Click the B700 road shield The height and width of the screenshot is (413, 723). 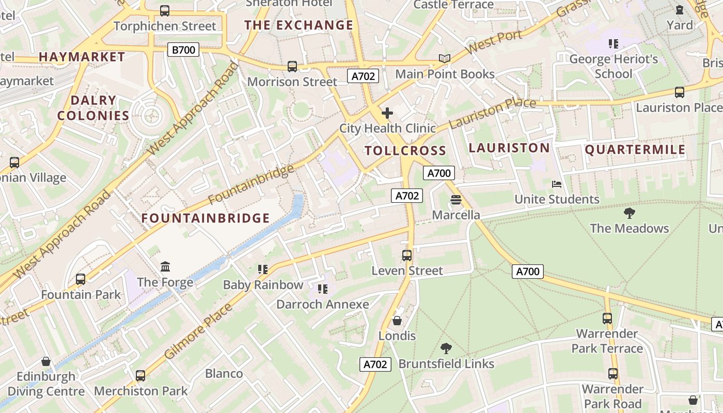tap(183, 50)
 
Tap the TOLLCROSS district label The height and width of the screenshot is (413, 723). tap(405, 151)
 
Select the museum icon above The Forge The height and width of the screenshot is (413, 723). tap(165, 267)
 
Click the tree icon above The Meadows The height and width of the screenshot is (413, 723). tap(629, 213)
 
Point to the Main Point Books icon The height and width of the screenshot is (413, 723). tap(444, 59)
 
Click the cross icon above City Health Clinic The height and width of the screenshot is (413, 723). tap(387, 113)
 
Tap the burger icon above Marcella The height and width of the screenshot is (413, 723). tap(455, 199)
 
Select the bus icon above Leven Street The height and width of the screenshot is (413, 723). tap(407, 255)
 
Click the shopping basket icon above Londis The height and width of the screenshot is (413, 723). tap(397, 321)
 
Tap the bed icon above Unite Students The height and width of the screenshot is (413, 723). tap(556, 184)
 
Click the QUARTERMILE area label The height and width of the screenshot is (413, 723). tap(635, 150)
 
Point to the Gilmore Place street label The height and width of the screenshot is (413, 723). tap(199, 331)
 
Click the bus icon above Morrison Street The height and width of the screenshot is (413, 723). tap(292, 66)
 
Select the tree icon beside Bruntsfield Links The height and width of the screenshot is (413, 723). tap(446, 348)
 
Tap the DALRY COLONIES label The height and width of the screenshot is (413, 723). tap(93, 108)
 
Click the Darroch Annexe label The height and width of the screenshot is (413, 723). tap(323, 304)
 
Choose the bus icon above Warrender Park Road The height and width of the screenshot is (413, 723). tap(612, 373)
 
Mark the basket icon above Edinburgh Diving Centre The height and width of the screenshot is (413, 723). tap(46, 361)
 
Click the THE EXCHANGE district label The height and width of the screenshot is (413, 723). tap(298, 25)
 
